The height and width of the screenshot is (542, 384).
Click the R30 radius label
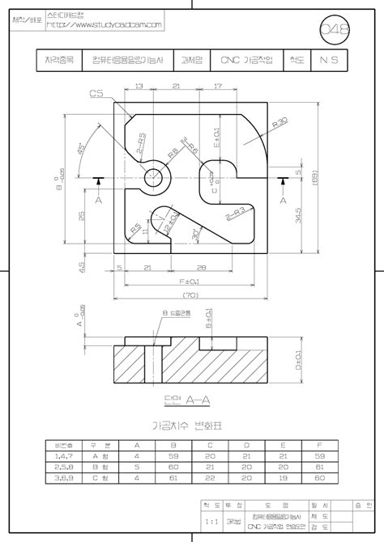tap(281, 124)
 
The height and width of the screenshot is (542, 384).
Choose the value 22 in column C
tap(209, 478)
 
